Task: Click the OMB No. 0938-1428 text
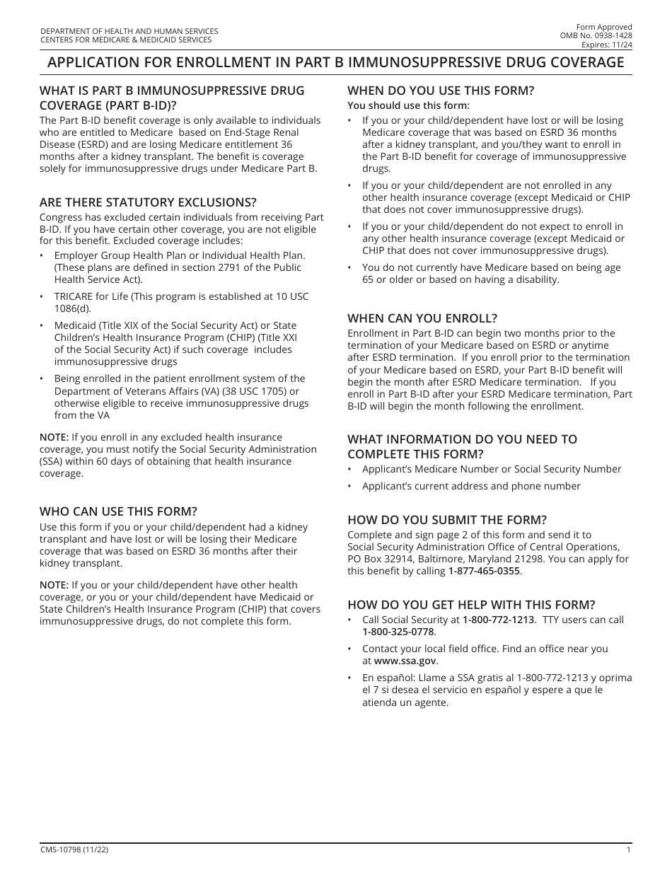pyautogui.click(x=596, y=35)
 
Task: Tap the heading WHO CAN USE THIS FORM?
pyautogui.click(x=118, y=511)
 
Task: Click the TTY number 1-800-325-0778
pyautogui.click(x=398, y=632)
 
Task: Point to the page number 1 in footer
pyautogui.click(x=628, y=849)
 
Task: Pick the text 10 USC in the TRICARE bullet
pyautogui.click(x=290, y=296)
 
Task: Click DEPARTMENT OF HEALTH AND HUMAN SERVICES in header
pyautogui.click(x=129, y=31)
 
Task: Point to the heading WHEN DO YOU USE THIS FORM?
pyautogui.click(x=440, y=90)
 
